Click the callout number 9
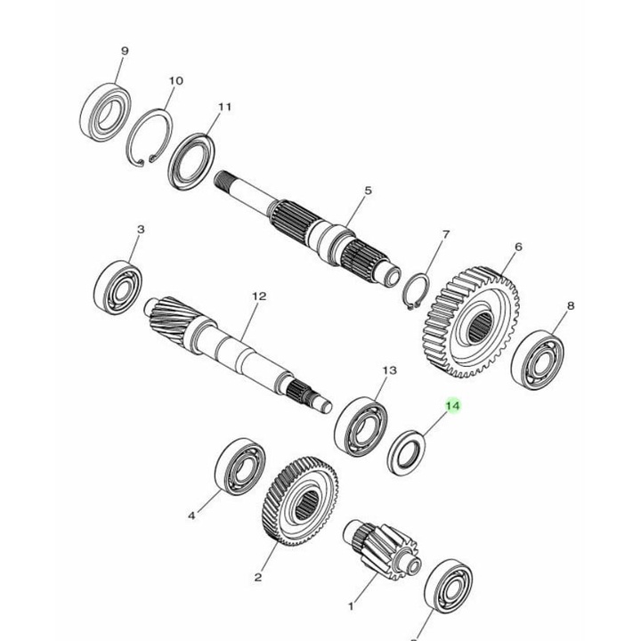(125, 51)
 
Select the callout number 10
(175, 81)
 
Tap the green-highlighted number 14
(452, 406)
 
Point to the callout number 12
(259, 296)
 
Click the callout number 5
(367, 191)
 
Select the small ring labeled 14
(409, 452)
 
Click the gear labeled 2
(301, 502)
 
